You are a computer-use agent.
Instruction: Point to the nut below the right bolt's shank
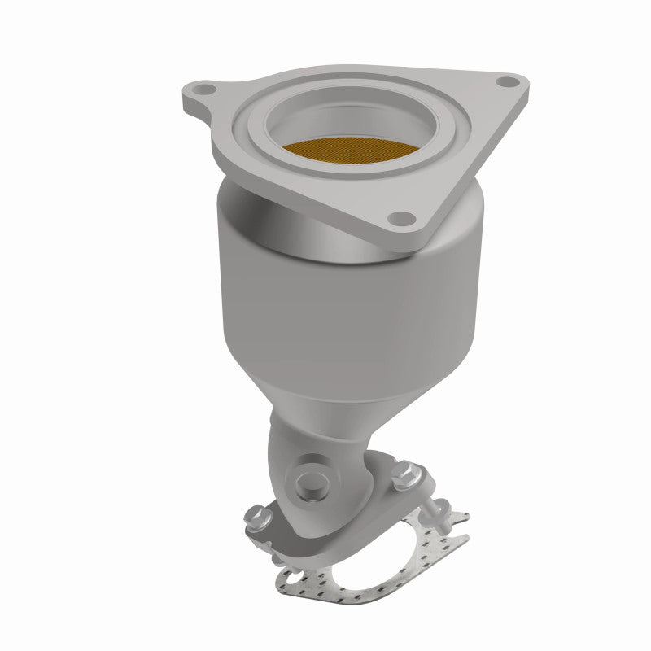443,513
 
